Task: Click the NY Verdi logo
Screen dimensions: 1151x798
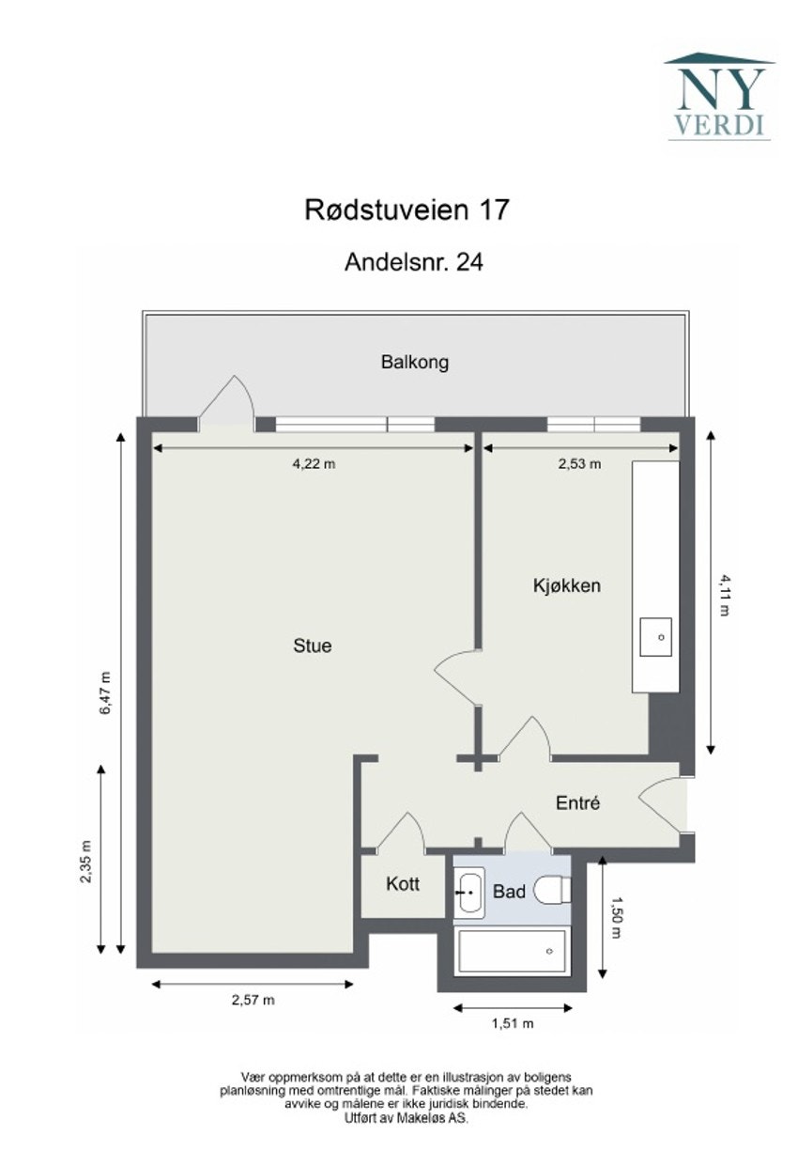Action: (x=719, y=97)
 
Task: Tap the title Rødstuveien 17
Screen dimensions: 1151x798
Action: (x=407, y=209)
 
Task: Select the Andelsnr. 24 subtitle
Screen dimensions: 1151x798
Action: (x=414, y=262)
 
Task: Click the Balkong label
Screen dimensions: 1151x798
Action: (x=414, y=362)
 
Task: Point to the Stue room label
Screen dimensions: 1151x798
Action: (x=313, y=645)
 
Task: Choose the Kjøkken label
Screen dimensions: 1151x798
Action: (x=566, y=585)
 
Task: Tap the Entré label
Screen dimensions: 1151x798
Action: (x=577, y=803)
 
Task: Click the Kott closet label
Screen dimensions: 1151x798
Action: (x=402, y=884)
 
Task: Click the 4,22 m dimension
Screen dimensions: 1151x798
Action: (x=315, y=463)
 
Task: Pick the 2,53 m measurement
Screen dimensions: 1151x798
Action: (x=579, y=463)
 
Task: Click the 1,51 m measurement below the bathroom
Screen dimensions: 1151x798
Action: (x=513, y=1023)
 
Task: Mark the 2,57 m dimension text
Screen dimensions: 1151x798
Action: (x=253, y=1000)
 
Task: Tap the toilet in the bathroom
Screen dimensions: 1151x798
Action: (x=552, y=890)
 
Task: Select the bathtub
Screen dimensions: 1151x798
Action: (x=512, y=953)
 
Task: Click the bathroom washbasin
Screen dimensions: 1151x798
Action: (x=469, y=892)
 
